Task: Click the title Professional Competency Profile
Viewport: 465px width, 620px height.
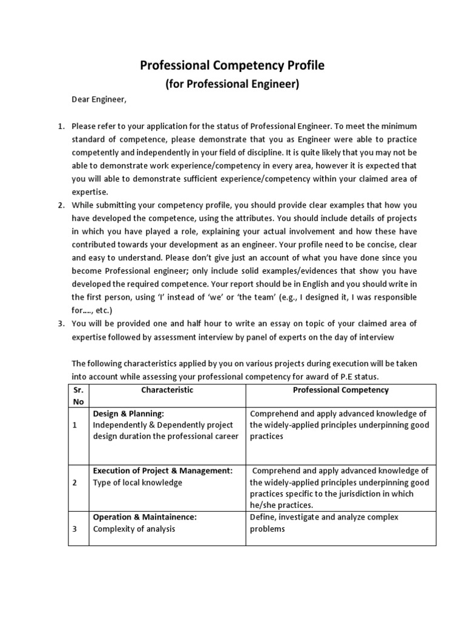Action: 232,65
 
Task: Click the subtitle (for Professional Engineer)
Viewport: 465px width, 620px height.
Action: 232,84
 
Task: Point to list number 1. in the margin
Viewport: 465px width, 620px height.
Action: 61,126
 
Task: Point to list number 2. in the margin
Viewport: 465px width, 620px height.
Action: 61,205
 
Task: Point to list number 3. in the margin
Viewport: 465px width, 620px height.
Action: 61,323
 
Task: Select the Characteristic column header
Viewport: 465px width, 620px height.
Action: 167,390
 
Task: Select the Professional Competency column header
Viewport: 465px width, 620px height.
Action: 340,390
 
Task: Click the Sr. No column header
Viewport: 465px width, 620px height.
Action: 78,395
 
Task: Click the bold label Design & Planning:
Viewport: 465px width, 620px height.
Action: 128,414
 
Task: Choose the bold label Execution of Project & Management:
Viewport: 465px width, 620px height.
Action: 162,470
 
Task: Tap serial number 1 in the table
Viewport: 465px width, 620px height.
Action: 74,425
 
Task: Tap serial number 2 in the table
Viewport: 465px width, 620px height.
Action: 74,483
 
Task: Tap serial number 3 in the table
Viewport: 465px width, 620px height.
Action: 74,529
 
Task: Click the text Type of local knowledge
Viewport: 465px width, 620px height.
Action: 137,483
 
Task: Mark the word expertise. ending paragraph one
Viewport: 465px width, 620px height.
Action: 90,191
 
